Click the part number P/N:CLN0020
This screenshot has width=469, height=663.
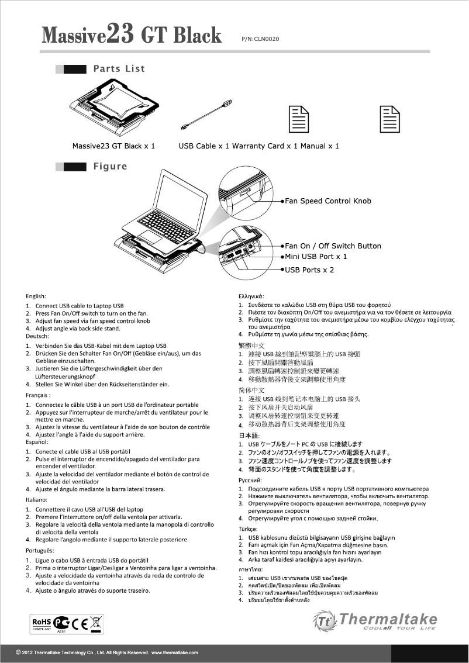[260, 39]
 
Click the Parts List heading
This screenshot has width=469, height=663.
[119, 69]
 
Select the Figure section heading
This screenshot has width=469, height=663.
[110, 167]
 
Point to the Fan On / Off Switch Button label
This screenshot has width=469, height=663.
[333, 246]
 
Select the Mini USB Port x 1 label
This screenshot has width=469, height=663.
[316, 257]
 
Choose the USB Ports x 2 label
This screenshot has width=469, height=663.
[309, 270]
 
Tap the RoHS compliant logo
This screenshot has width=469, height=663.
[42, 623]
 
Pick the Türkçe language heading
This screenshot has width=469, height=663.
[244, 527]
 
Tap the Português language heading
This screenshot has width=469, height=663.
[40, 551]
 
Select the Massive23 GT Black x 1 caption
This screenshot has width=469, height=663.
[113, 146]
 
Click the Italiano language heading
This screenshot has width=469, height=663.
[39, 500]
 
